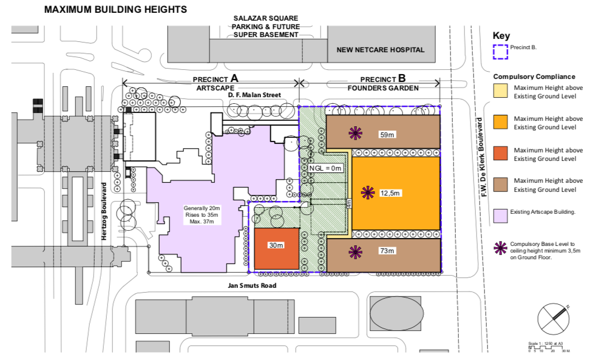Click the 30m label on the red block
[277, 245]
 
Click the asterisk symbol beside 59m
[355, 132]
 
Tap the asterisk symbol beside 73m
[355, 251]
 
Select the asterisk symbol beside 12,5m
[367, 192]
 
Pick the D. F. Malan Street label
[258, 95]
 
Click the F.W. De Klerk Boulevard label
[485, 157]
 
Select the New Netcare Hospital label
[381, 50]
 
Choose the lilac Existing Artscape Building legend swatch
[500, 212]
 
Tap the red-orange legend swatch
[500, 154]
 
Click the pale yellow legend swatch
[500, 92]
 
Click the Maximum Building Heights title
[115, 10]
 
